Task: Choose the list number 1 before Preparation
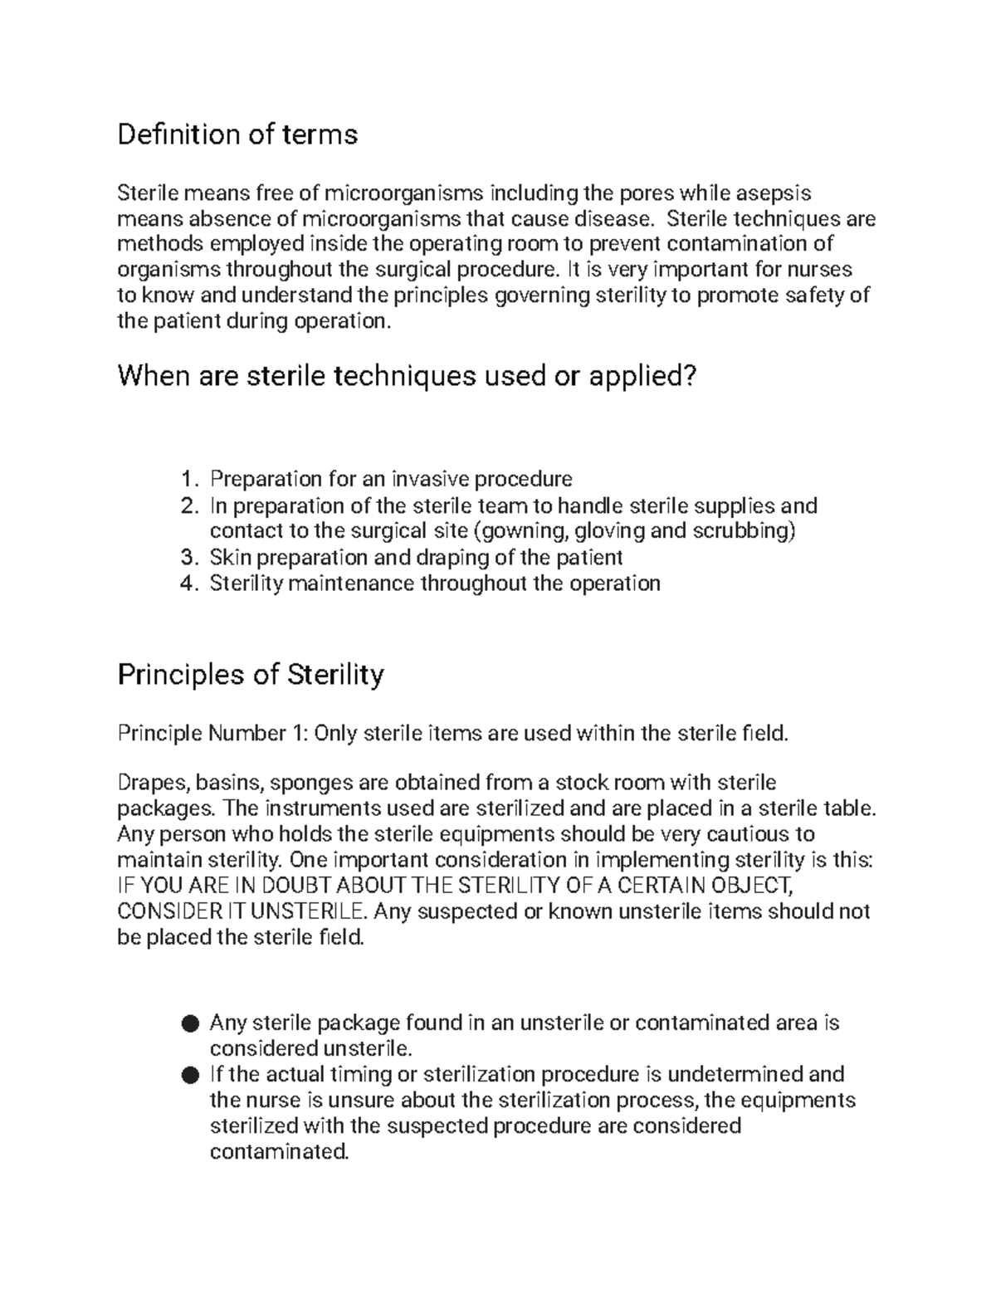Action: coord(189,480)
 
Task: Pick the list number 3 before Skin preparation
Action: coord(189,557)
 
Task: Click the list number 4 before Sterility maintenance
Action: coord(189,583)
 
